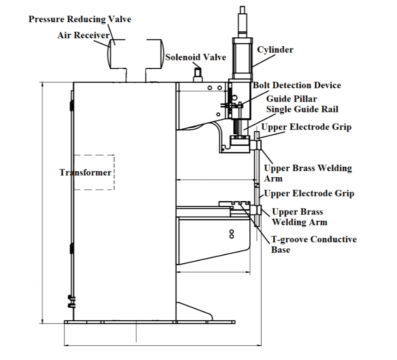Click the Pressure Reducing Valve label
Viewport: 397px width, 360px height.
79,19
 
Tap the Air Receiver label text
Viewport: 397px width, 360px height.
84,36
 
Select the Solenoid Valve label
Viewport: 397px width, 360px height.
196,57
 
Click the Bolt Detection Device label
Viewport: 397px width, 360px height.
297,85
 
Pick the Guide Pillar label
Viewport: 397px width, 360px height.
292,99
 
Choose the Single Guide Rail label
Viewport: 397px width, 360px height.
302,109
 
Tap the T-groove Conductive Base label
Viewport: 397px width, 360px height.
313,245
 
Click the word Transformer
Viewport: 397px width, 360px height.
85,172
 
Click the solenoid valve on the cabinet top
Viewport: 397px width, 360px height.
198,74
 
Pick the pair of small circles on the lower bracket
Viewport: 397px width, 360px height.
232,234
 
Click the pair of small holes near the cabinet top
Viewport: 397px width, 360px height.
213,88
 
